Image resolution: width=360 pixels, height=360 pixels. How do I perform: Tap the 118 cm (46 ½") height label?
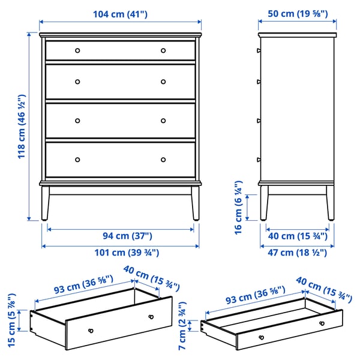(22, 126)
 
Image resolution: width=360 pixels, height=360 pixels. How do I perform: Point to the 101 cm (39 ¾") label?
(121, 253)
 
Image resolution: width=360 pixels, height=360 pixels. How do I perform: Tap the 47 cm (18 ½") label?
(296, 253)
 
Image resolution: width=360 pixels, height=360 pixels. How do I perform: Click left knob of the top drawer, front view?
(77, 50)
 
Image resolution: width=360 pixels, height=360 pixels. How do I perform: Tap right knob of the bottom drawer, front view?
(163, 160)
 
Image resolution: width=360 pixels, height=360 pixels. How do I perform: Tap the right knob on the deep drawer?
(150, 316)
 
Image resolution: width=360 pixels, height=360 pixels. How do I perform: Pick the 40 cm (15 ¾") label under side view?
(296, 236)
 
